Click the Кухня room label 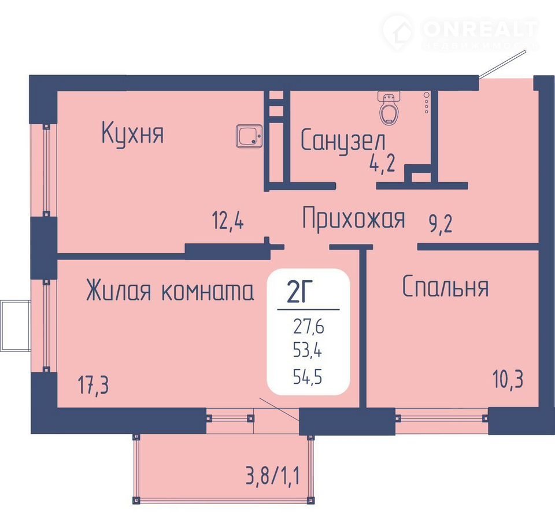pos(133,134)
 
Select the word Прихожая pos(354,218)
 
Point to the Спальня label pos(446,286)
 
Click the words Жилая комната pos(170,290)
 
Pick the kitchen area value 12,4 pos(228,221)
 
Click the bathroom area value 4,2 pos(382,164)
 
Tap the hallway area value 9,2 pos(441,224)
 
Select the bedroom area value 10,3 pos(508,380)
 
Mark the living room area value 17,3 pos(93,386)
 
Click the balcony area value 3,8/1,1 pos(272,476)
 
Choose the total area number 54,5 pos(308,377)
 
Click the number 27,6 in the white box pos(308,327)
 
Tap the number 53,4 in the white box pos(307,351)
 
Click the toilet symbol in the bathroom pos(389,108)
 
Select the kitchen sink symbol pos(249,136)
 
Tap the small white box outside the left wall pos(16,325)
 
